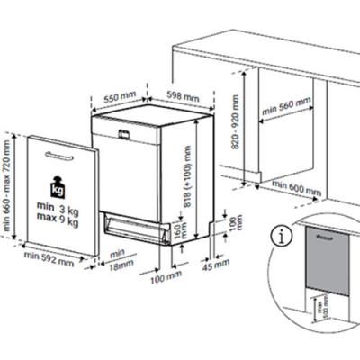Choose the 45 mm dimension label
pyautogui.click(x=217, y=267)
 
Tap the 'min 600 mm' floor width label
pyautogui.click(x=296, y=191)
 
